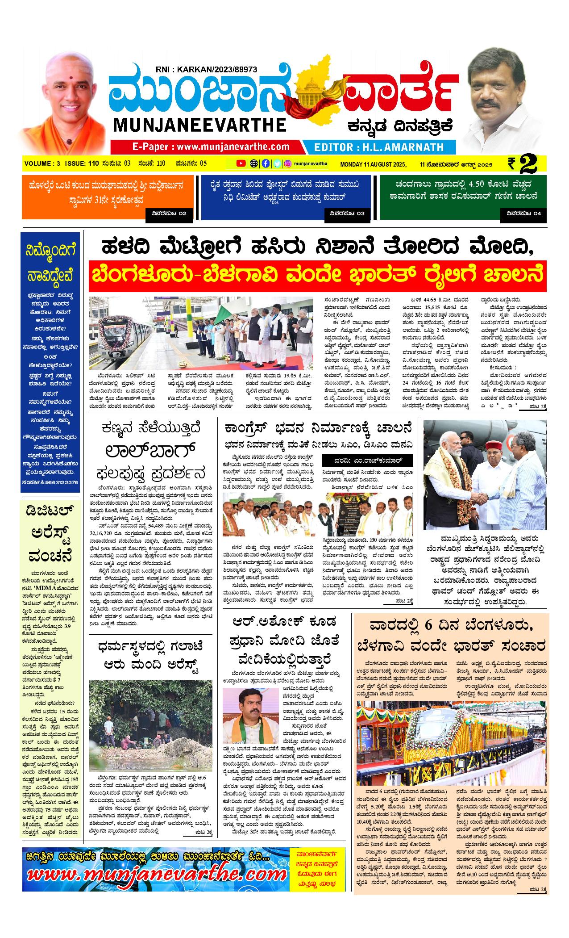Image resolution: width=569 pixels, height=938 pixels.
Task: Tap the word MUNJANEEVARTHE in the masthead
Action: (x=199, y=125)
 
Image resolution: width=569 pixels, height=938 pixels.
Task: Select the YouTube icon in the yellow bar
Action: (x=241, y=163)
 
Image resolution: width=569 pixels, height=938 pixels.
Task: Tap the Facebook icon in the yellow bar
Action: (x=266, y=163)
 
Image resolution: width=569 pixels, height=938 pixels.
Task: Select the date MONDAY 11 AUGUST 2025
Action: (x=373, y=164)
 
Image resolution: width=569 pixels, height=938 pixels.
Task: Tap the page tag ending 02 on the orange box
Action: (x=169, y=214)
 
